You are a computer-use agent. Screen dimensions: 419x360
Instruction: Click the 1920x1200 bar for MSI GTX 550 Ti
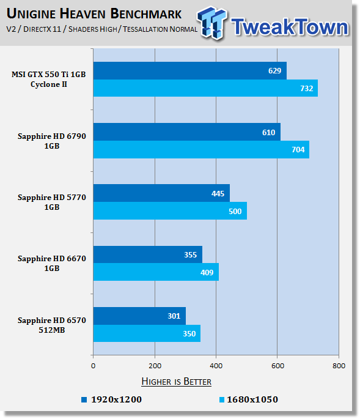(189, 71)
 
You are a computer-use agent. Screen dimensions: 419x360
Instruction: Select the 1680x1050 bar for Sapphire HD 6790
(201, 149)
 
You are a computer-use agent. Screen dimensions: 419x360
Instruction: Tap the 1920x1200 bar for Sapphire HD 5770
(161, 193)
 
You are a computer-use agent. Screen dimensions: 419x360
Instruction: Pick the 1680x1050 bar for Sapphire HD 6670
(156, 272)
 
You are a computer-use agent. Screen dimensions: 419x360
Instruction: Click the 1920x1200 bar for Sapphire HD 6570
(139, 316)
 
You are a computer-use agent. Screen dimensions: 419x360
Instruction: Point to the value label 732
(307, 89)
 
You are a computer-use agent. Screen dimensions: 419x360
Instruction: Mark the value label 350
(189, 334)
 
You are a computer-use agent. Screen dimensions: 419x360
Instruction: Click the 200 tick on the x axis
(155, 366)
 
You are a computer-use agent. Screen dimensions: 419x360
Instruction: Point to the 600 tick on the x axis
(277, 366)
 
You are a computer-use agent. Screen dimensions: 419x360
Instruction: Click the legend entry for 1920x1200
(116, 399)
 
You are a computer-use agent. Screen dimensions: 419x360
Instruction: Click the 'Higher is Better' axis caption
(176, 382)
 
